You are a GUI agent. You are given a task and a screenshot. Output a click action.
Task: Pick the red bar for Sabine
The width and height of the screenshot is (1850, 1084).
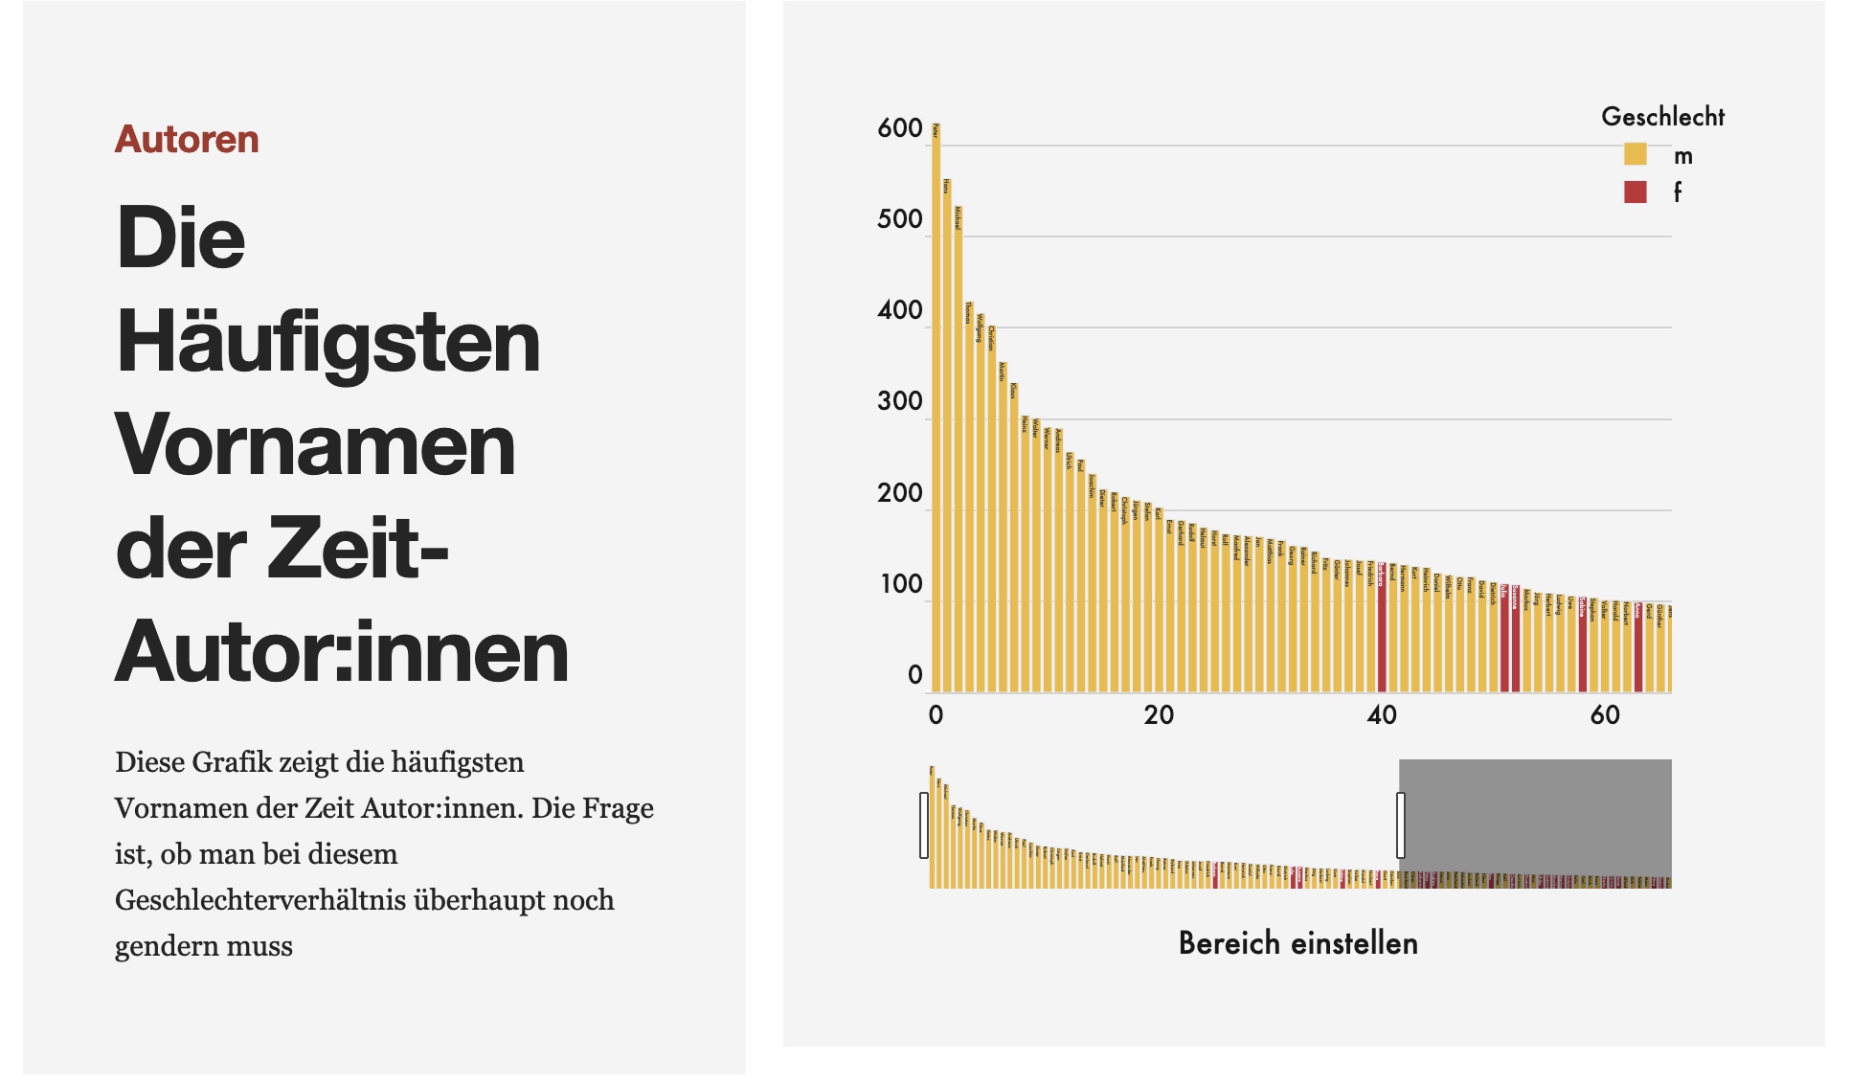1583,651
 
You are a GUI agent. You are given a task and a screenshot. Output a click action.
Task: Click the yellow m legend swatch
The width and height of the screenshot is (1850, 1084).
1635,154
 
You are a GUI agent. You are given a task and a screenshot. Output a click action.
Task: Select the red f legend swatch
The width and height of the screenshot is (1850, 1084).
1635,192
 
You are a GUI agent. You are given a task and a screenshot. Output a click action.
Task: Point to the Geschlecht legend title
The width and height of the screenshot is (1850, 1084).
1662,117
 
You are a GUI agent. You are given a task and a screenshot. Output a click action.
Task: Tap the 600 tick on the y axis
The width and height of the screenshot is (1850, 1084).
899,128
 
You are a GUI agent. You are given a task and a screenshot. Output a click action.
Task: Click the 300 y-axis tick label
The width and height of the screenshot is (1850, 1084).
899,401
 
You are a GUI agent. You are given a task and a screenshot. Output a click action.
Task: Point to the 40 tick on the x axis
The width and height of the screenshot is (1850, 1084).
1382,714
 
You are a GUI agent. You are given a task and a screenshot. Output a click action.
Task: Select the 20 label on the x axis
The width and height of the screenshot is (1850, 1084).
1159,714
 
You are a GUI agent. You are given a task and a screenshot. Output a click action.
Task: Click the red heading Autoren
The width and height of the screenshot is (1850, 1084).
187,140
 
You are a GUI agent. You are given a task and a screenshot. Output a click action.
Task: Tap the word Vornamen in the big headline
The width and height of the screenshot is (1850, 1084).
315,445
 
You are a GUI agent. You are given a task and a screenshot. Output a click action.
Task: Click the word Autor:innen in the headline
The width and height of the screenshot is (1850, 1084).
342,652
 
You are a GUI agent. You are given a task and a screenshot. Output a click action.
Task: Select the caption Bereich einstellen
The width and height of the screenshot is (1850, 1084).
1297,943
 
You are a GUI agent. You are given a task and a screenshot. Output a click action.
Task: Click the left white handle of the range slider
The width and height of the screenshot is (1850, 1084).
924,825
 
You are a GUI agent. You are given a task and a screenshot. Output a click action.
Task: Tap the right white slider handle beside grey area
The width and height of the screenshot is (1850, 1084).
1401,825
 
